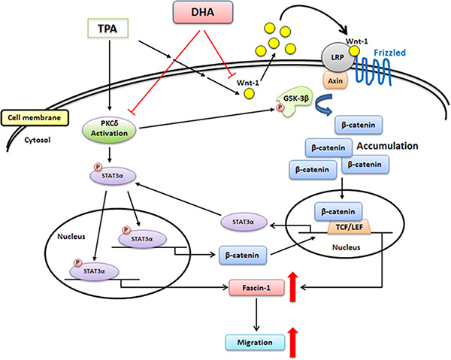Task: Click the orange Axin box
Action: pyautogui.click(x=335, y=78)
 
